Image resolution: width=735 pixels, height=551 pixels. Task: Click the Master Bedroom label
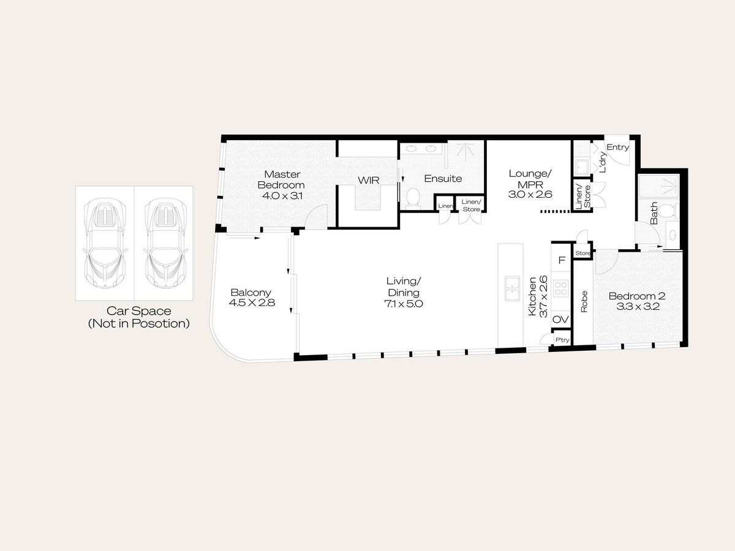point(281,179)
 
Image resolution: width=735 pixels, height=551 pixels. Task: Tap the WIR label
point(369,181)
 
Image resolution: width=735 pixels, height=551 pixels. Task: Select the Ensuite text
point(443,179)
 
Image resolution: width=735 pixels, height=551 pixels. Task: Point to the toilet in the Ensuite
point(413,197)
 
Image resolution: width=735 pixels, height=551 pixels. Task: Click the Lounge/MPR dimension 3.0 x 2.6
point(530,194)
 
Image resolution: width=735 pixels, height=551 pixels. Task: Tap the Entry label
point(618,147)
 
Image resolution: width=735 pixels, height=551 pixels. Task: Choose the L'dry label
point(603,162)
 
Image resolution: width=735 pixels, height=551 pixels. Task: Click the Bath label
point(654,213)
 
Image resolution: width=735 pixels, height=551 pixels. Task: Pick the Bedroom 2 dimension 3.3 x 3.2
point(638,307)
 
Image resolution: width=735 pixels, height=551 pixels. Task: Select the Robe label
point(584,301)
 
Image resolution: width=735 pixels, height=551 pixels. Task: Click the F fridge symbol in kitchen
point(562,260)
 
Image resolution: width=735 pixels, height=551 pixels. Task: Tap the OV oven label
point(560,319)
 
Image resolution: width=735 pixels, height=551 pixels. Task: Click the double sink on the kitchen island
point(512,288)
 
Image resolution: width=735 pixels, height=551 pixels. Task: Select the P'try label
point(562,340)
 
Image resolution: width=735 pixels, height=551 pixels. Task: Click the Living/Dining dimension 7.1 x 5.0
point(404,304)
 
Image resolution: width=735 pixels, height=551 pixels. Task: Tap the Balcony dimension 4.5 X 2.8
point(252,303)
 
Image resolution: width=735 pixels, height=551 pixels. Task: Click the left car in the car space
point(105,243)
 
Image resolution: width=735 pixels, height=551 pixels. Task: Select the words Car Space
point(138,311)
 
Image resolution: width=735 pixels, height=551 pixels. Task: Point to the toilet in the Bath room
point(669,211)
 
